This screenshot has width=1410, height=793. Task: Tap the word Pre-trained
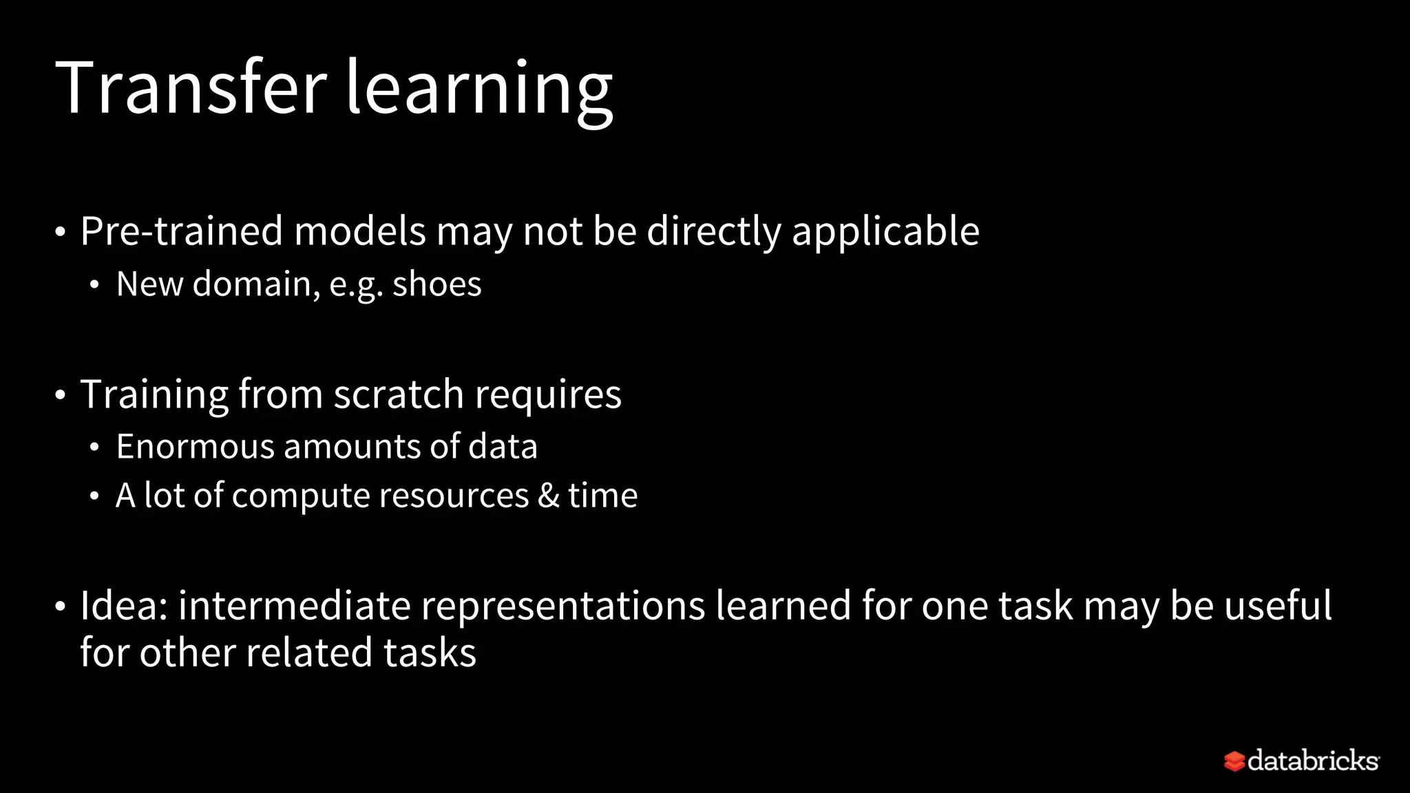click(181, 231)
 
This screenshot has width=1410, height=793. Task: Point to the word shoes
click(436, 284)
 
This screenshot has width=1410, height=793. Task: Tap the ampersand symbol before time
click(549, 496)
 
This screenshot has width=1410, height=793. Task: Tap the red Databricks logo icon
click(1234, 761)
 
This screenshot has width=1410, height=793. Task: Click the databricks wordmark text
click(1313, 761)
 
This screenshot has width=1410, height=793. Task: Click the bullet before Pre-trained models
click(61, 233)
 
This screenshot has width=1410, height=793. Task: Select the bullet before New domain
click(94, 285)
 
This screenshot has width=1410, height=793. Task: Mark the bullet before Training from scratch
click(61, 396)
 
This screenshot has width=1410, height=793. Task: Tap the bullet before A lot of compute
click(94, 496)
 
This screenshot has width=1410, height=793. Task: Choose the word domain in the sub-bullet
click(256, 284)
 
